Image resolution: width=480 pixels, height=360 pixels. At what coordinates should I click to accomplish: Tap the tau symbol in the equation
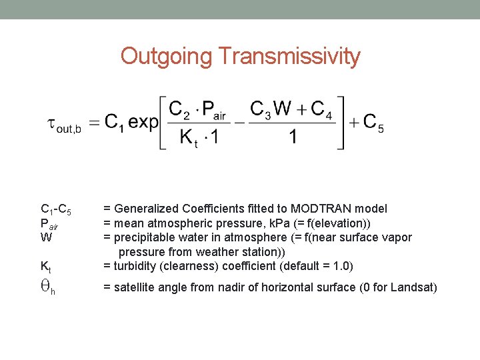pyautogui.click(x=51, y=123)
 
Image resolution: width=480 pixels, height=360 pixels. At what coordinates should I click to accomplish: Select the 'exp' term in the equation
pyautogui.click(x=143, y=123)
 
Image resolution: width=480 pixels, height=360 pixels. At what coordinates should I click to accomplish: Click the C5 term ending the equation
pyautogui.click(x=373, y=124)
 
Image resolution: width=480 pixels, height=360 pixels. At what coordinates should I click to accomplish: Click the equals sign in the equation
pyautogui.click(x=95, y=123)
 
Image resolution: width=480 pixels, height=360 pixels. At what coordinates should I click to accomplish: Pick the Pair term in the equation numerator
pyautogui.click(x=215, y=109)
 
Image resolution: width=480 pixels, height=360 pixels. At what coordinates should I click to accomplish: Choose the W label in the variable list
pyautogui.click(x=46, y=237)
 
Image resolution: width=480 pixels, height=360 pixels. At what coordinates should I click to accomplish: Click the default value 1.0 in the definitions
pyautogui.click(x=341, y=266)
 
